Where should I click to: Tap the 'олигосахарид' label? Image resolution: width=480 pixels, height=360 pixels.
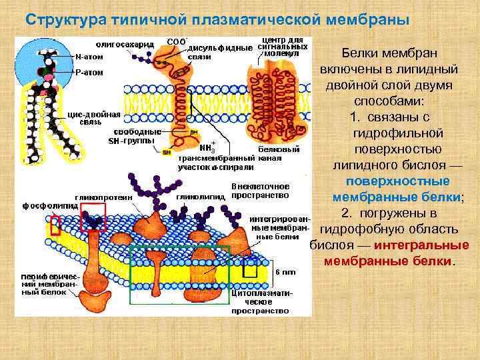click(127, 44)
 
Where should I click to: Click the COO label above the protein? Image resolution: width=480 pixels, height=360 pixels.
click(176, 41)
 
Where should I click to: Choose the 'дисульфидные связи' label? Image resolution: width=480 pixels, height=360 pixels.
click(219, 52)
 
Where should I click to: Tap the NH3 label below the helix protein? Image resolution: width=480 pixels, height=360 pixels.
click(207, 147)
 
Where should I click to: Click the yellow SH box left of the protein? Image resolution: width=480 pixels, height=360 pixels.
click(166, 153)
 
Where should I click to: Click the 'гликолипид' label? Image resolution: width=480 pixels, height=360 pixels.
click(197, 197)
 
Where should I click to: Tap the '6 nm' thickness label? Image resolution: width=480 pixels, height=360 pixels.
click(285, 271)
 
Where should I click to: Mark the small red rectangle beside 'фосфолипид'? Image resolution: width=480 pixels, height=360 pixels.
click(55, 225)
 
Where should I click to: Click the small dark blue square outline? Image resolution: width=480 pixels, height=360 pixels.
click(250, 267)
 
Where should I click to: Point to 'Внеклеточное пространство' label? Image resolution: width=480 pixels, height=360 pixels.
click(259, 191)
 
